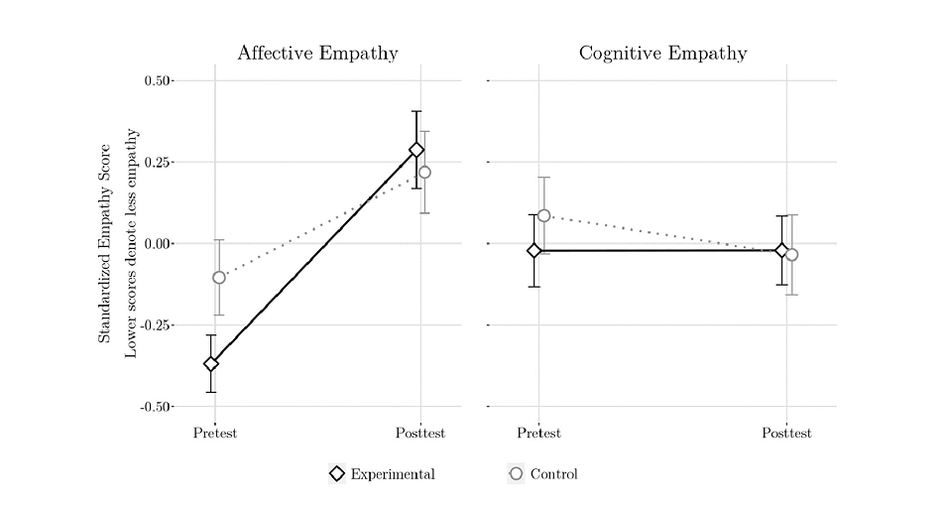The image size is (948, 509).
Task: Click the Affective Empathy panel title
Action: [x=317, y=54]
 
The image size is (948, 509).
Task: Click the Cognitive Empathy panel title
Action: [x=662, y=54]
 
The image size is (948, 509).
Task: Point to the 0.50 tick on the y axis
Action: [x=158, y=80]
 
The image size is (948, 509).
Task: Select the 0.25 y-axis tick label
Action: [x=158, y=162]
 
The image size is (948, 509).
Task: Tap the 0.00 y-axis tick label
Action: [x=158, y=243]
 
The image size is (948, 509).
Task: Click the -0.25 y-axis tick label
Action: [x=156, y=324]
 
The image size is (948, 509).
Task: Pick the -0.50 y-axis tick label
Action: [x=156, y=406]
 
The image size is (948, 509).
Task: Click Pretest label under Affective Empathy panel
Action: [x=215, y=433]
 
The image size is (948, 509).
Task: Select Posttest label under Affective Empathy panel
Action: [x=420, y=433]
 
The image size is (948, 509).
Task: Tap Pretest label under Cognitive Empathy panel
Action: [x=538, y=433]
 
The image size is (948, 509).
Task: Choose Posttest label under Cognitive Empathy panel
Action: [x=786, y=433]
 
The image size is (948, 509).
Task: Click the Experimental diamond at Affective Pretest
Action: [x=211, y=364]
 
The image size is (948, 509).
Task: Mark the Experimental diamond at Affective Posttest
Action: [x=416, y=150]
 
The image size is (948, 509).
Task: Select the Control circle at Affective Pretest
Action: [x=219, y=277]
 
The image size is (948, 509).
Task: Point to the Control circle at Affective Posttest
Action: [x=424, y=173]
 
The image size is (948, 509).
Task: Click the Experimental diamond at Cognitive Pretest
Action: [x=534, y=250]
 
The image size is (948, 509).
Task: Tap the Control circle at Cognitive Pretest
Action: [x=543, y=215]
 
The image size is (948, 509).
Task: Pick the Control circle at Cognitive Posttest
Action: [x=791, y=255]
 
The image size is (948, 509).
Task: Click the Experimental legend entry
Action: [x=382, y=474]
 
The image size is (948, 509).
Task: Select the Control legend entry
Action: [x=542, y=474]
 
